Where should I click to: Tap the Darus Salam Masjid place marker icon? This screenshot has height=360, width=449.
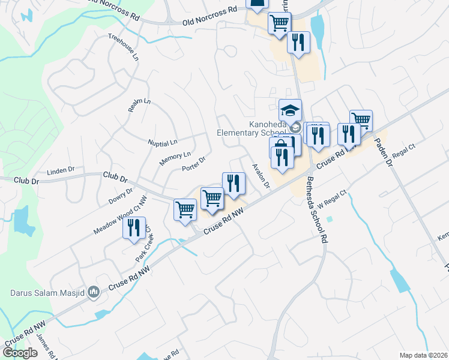click(93, 293)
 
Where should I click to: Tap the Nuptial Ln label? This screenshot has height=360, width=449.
click(163, 143)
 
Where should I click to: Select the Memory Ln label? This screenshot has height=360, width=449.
click(175, 159)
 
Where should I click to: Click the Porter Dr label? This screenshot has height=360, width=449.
click(194, 164)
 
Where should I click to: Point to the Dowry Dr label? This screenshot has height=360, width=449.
click(121, 195)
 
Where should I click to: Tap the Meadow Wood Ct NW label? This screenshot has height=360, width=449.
click(120, 215)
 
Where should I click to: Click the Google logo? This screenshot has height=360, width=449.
click(20, 353)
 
